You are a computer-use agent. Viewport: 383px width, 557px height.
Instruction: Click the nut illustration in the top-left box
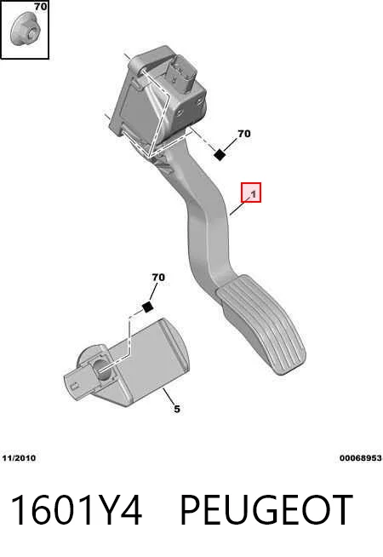point(25,29)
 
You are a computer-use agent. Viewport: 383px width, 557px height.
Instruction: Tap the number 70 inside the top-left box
point(41,7)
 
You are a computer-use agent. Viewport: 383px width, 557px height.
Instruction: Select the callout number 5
point(177,409)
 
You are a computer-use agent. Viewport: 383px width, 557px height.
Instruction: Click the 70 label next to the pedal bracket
point(244,134)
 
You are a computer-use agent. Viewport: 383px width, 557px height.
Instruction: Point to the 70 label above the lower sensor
point(158,277)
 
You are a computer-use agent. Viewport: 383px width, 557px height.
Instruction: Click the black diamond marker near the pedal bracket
point(220,154)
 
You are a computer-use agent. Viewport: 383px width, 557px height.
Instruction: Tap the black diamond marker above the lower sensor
point(147,307)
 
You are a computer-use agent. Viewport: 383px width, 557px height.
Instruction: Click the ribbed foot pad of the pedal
point(262,324)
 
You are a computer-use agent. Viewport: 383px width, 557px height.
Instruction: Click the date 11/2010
point(19,458)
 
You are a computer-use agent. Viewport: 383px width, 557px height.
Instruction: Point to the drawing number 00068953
point(361,458)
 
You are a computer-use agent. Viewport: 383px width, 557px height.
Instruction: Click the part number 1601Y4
point(77,510)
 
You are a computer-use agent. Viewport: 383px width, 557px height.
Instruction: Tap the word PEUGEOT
point(266,510)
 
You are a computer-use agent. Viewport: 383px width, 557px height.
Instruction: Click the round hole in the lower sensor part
point(101,370)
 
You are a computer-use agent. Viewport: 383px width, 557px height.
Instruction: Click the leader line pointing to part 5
point(169,397)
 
